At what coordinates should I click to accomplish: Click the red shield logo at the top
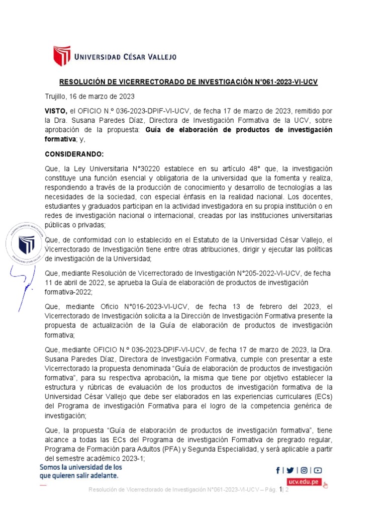point(62,56)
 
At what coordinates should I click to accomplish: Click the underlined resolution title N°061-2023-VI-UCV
point(188,82)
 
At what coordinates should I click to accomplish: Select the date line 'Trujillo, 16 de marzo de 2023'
point(89,96)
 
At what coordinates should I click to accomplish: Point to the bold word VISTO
point(55,111)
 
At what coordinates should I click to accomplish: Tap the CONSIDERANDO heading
point(74,153)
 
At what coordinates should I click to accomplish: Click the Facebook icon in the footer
point(278,470)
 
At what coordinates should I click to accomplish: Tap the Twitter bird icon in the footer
point(291,470)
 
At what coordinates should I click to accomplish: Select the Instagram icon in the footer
point(304,470)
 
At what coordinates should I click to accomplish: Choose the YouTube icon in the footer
point(318,470)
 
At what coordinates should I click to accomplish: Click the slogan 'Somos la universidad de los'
point(81,467)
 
